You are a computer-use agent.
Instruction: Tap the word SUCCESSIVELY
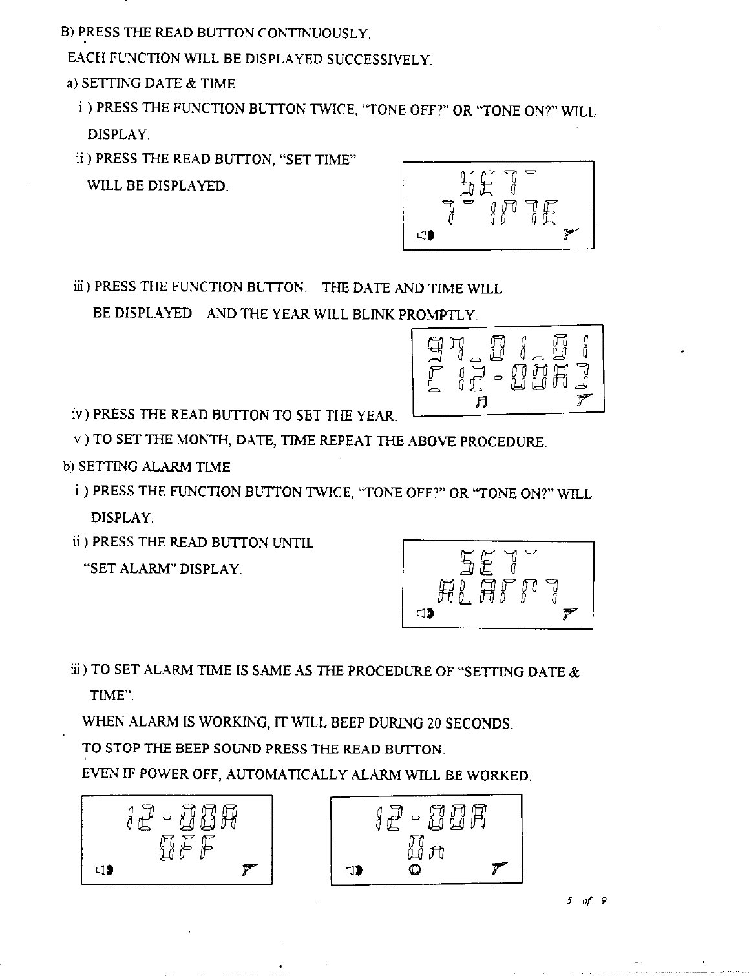[379, 60]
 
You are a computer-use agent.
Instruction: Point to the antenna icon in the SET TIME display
[569, 233]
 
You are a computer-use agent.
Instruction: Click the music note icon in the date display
[480, 402]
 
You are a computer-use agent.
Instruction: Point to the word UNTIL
[293, 543]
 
